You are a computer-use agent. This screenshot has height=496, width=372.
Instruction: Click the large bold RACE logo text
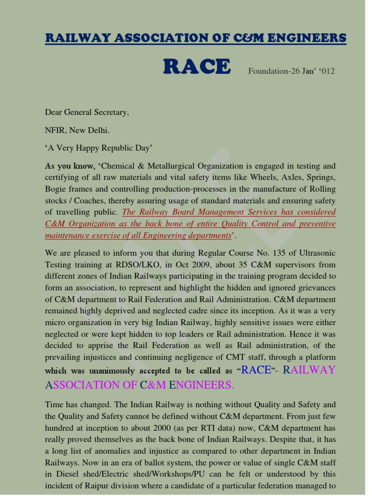197,67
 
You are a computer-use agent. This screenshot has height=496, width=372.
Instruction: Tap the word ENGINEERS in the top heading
307,38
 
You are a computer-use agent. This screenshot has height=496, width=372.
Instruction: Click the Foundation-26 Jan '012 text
291,71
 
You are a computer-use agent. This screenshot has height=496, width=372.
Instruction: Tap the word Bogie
56,189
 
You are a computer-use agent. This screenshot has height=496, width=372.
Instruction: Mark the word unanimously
113,371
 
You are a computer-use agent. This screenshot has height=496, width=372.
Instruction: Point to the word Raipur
93,486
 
